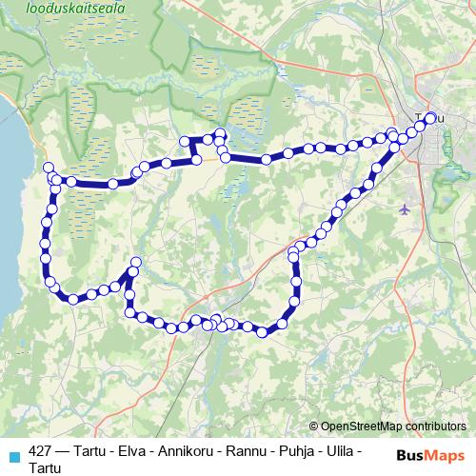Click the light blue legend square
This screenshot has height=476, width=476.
tap(11, 455)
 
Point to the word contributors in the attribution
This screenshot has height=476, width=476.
tap(429, 426)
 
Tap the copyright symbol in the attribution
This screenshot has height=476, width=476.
tap(313, 426)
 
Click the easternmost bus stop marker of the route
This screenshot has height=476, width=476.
tap(430, 118)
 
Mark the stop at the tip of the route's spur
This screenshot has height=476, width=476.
tap(135, 262)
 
